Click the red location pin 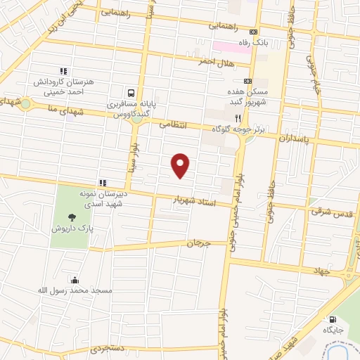pyautogui.click(x=181, y=165)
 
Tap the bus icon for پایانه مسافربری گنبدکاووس pyautogui.click(x=131, y=93)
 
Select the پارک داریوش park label pyautogui.click(x=72, y=229)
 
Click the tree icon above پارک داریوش pyautogui.click(x=72, y=217)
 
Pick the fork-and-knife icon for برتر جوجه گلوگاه pyautogui.click(x=239, y=117)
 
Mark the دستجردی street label pyautogui.click(x=108, y=348)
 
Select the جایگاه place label pyautogui.click(x=332, y=329)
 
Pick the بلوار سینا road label pyautogui.click(x=133, y=159)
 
